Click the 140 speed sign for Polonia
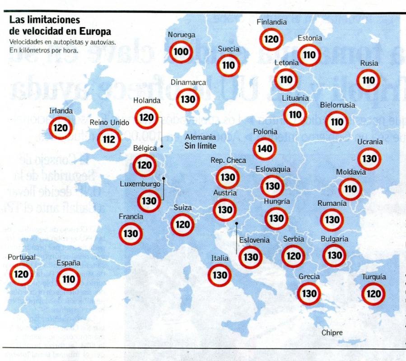click(265, 149)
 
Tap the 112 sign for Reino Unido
click(109, 139)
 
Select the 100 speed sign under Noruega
click(181, 52)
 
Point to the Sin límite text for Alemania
click(200, 146)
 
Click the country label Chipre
click(332, 333)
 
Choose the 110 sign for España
click(68, 280)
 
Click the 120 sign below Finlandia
click(271, 39)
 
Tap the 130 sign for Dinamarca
click(187, 99)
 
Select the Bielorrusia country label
click(337, 105)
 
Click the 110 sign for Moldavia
click(350, 189)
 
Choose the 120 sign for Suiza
click(182, 224)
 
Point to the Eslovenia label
click(254, 241)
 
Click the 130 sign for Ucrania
click(369, 159)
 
